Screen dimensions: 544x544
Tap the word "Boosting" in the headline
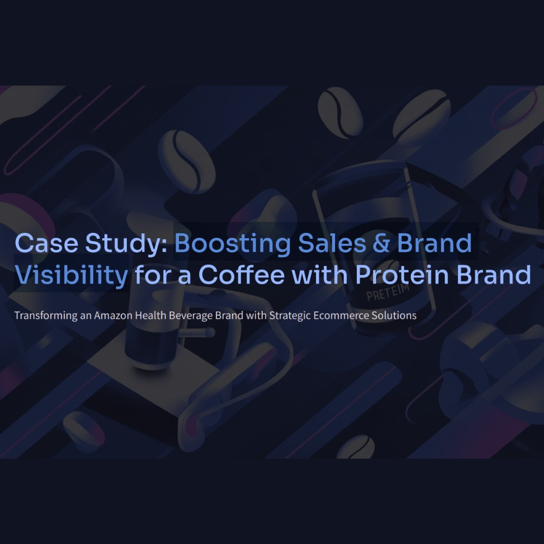(x=232, y=244)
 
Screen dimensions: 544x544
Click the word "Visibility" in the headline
(x=71, y=275)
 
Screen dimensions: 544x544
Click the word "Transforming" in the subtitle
(x=46, y=316)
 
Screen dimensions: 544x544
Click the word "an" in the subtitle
(x=85, y=316)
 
